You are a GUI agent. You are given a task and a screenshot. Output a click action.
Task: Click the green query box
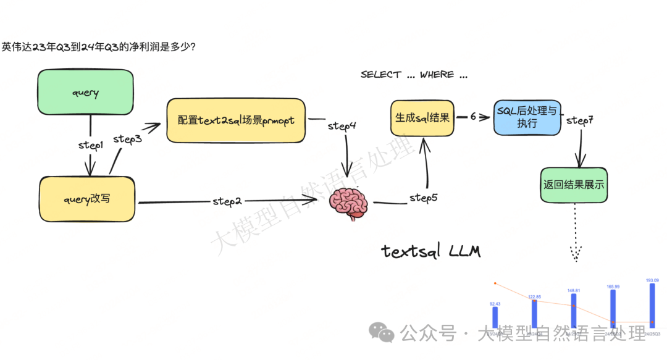(x=85, y=93)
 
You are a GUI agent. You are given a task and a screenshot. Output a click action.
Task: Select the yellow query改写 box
(x=88, y=200)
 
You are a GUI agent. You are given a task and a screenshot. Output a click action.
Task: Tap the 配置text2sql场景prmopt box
(x=236, y=120)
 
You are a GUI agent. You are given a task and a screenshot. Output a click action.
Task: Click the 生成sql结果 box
(x=422, y=117)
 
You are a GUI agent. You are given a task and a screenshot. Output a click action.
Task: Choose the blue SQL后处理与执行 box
(x=526, y=117)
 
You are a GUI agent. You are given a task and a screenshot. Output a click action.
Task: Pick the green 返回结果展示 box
(x=574, y=185)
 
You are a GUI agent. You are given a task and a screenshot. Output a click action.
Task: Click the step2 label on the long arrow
(x=227, y=201)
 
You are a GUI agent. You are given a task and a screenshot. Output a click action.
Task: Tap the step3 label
(x=128, y=140)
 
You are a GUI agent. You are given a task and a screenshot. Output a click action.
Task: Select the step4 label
(x=342, y=125)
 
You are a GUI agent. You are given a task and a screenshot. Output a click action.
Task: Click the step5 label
(x=424, y=198)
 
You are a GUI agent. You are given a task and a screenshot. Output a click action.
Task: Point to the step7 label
(x=579, y=120)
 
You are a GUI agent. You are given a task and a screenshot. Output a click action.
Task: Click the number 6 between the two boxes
(x=473, y=116)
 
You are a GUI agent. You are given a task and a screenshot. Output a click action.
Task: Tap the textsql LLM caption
(x=431, y=251)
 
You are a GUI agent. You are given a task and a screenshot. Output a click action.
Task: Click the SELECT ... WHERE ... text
(x=414, y=75)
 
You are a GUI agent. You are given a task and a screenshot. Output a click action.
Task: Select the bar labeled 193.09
(x=652, y=305)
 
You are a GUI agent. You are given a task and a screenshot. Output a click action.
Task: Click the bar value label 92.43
(x=495, y=303)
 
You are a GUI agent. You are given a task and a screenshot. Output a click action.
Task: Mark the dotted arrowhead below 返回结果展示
(x=576, y=253)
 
